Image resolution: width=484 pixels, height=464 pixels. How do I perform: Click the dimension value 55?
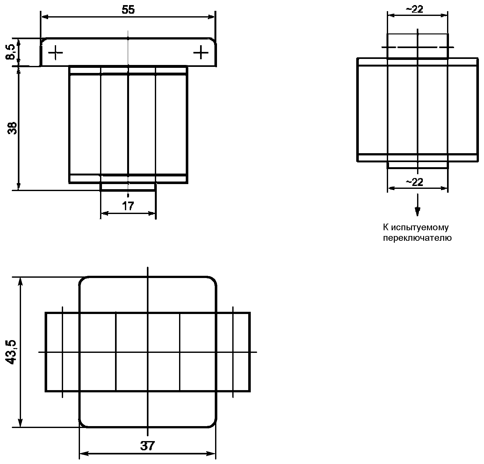pos(128,10)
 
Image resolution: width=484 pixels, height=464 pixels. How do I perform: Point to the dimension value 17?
pos(128,206)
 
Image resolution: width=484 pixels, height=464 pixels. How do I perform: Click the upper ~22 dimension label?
pos(414,9)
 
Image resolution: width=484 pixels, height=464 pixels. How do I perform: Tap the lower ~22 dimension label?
pos(414,182)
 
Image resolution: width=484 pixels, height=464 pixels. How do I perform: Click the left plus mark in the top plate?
pos(55,52)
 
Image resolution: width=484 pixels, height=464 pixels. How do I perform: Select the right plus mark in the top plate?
pos(201,52)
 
